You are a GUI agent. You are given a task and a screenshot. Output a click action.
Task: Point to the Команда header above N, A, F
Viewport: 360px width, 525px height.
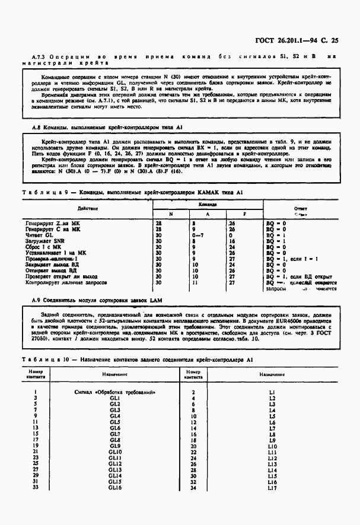pyautogui.click(x=208, y=205)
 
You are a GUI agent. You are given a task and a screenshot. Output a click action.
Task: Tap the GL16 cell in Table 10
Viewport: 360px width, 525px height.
pyautogui.click(x=115, y=488)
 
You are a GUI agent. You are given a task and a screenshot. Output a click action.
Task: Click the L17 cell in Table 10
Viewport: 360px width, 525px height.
pyautogui.click(x=272, y=488)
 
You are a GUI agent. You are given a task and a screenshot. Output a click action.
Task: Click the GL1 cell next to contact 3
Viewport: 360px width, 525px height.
pyautogui.click(x=115, y=399)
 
